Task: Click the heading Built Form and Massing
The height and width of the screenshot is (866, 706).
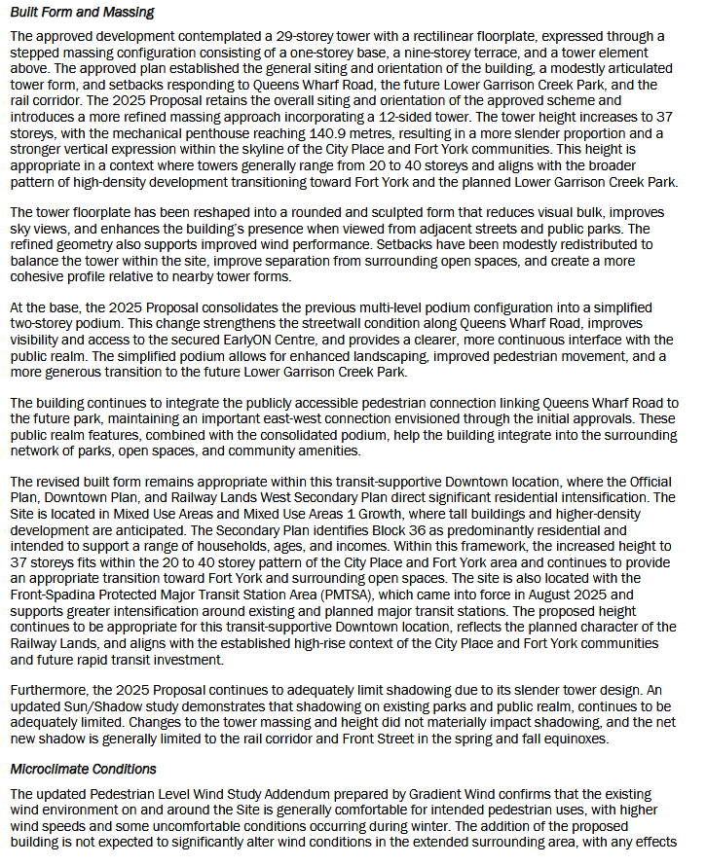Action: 81,13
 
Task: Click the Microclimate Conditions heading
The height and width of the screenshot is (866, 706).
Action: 83,769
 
